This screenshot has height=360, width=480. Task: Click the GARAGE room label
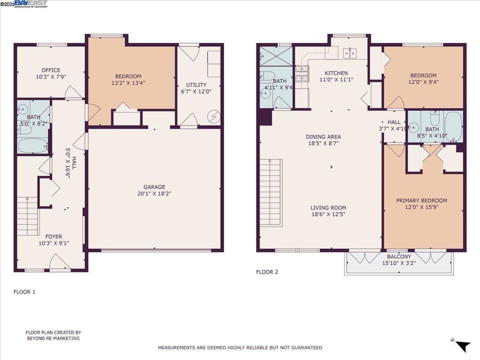(154, 187)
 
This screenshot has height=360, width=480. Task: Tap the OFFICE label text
(51, 70)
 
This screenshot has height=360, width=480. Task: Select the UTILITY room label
(196, 85)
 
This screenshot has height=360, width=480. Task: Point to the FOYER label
(53, 237)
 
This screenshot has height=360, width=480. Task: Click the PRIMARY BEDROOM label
(421, 201)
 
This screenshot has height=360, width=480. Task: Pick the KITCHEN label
(336, 73)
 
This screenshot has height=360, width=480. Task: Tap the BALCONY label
(399, 256)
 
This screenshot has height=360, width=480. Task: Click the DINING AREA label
(323, 137)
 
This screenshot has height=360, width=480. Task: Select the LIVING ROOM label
(329, 208)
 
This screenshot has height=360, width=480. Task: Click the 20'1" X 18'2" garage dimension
(154, 194)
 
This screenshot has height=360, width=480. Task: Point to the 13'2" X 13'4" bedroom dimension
(128, 82)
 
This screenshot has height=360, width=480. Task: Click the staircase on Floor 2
(270, 193)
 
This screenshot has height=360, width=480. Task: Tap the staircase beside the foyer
(28, 216)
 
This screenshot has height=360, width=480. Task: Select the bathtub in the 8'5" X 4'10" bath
(453, 127)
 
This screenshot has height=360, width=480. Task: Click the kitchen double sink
(350, 53)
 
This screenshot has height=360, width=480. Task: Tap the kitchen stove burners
(302, 74)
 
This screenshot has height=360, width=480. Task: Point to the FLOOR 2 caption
(267, 272)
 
